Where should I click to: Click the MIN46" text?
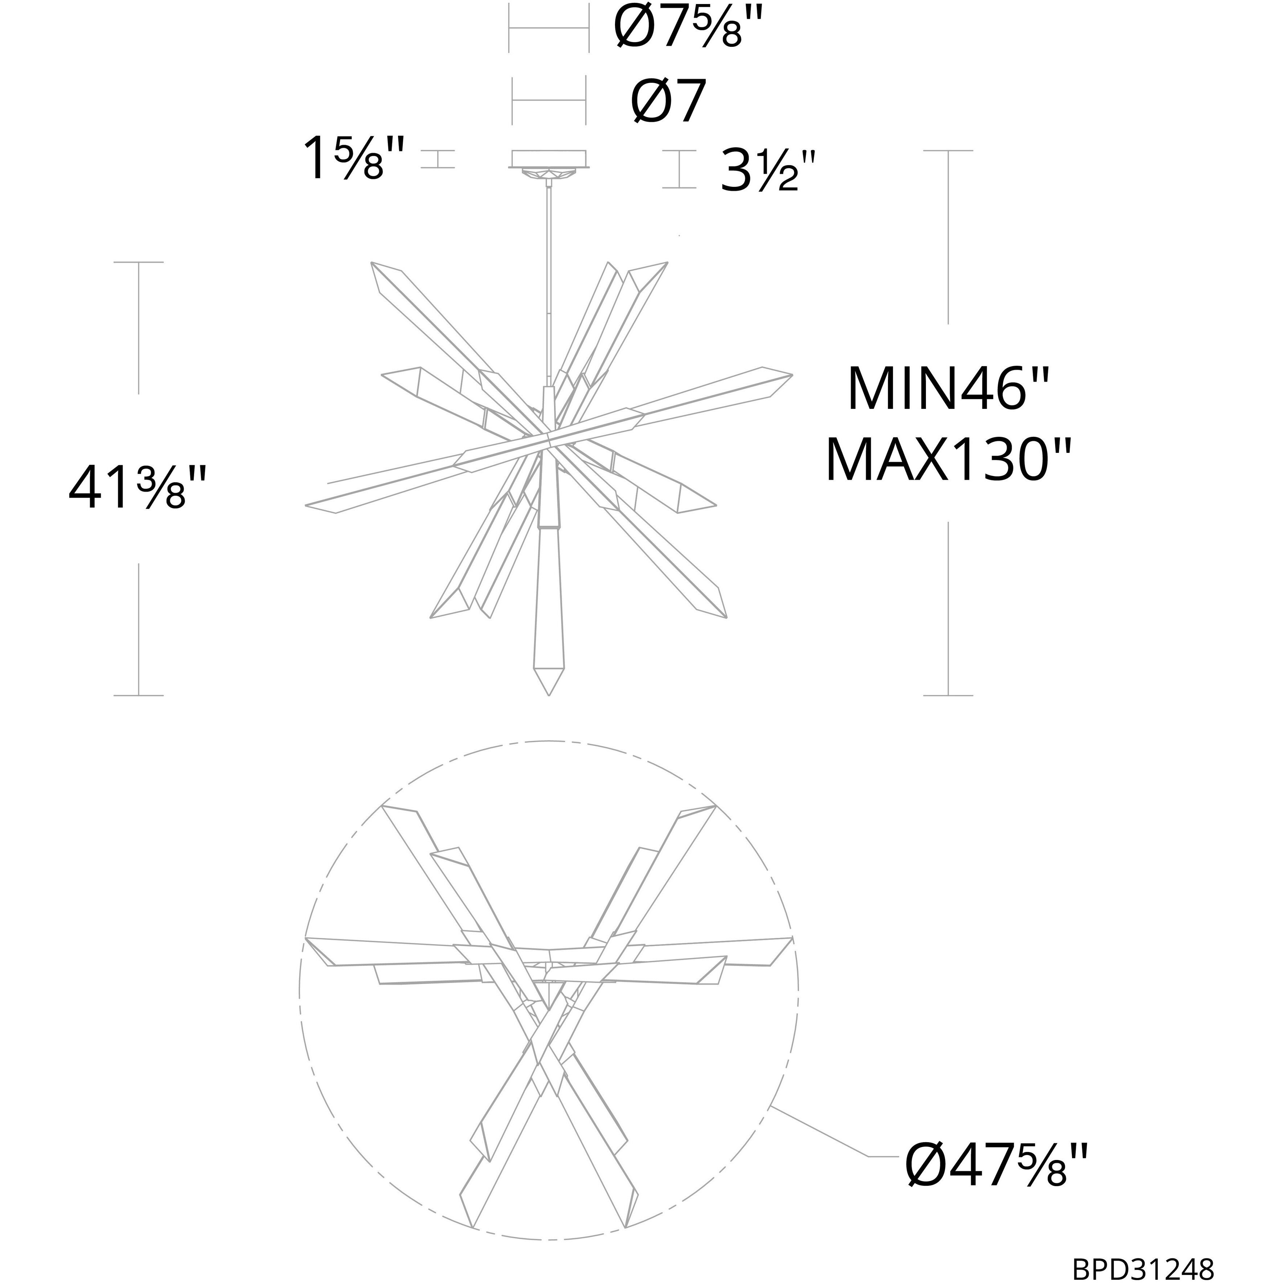948,390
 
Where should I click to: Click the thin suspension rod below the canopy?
549,279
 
